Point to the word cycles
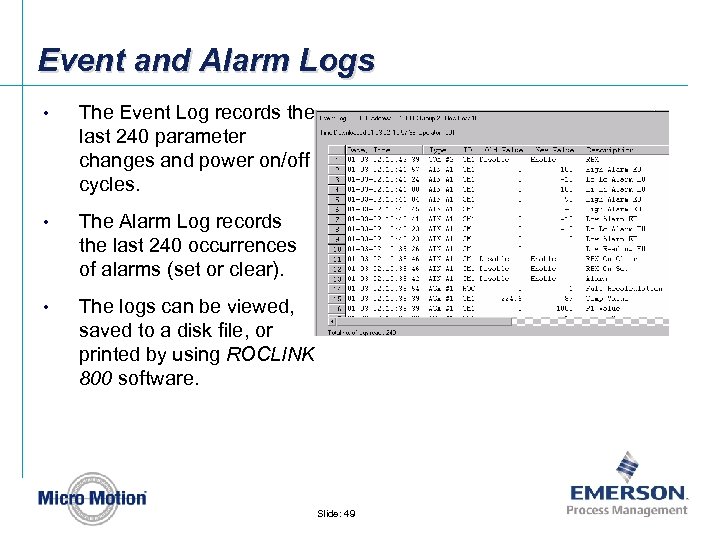click(x=109, y=185)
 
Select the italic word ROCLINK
click(x=270, y=354)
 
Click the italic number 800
click(x=98, y=378)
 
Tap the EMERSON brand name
click(x=628, y=493)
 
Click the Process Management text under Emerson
click(x=627, y=510)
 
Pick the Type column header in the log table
click(x=439, y=147)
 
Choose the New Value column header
click(x=563, y=147)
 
